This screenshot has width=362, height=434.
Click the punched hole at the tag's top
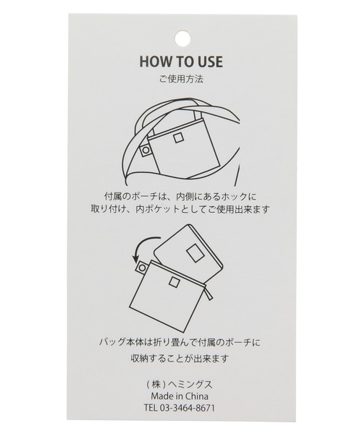183,40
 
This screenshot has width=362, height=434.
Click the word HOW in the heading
153,61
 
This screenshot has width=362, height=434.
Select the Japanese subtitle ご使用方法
181,80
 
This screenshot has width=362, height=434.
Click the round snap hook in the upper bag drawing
145,150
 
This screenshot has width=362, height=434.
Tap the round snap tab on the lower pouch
142,268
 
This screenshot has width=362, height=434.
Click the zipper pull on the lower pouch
210,294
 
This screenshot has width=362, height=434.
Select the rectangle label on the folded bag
195,254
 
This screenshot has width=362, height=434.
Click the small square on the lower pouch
174,281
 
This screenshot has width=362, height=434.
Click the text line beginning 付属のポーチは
180,197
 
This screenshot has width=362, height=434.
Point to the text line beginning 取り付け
180,209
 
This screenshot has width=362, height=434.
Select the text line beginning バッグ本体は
180,343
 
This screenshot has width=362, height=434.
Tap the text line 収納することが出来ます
180,359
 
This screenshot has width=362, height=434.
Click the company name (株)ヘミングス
180,384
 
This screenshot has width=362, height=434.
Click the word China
196,396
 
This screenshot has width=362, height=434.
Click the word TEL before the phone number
150,408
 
